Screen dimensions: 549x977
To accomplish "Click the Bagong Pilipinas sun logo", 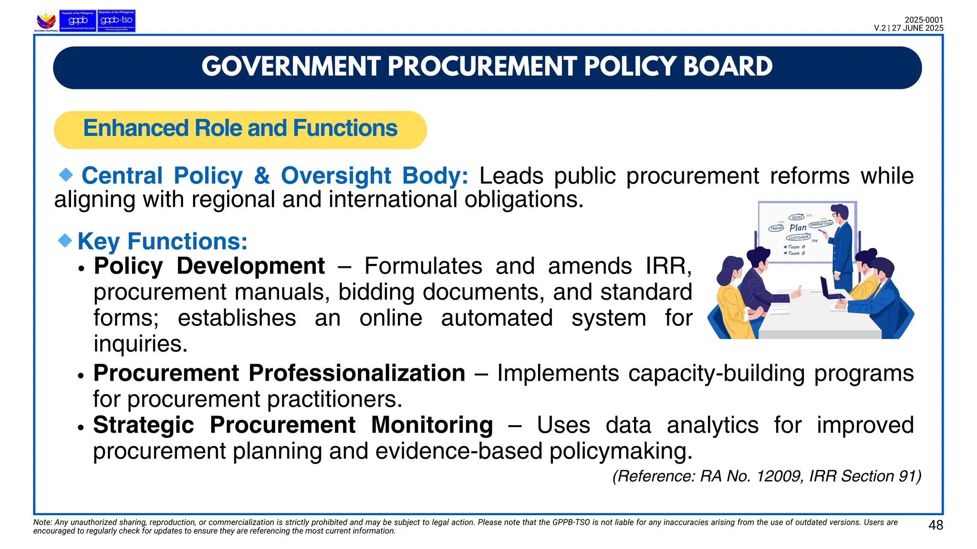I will click(46, 20).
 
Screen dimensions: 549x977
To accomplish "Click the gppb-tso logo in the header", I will click(116, 20).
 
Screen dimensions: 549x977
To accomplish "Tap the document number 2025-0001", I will click(924, 20).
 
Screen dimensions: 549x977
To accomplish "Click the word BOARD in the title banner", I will click(728, 67).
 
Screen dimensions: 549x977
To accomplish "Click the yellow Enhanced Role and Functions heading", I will click(240, 129).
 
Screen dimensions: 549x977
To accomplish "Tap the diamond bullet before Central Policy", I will click(66, 175).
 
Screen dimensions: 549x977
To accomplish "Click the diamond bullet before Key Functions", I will click(65, 240).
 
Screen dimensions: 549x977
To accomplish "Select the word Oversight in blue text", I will click(336, 176).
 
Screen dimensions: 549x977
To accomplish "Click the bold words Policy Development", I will click(209, 266).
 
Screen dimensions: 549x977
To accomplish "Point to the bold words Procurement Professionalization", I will click(279, 373).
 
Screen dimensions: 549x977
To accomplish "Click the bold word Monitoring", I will click(432, 425).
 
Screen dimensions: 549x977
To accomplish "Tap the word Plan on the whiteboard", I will click(798, 228).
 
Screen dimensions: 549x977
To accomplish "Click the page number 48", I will click(935, 525).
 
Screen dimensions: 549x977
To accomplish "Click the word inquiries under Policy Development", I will click(140, 344).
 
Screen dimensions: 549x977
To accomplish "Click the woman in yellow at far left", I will click(732, 300).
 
